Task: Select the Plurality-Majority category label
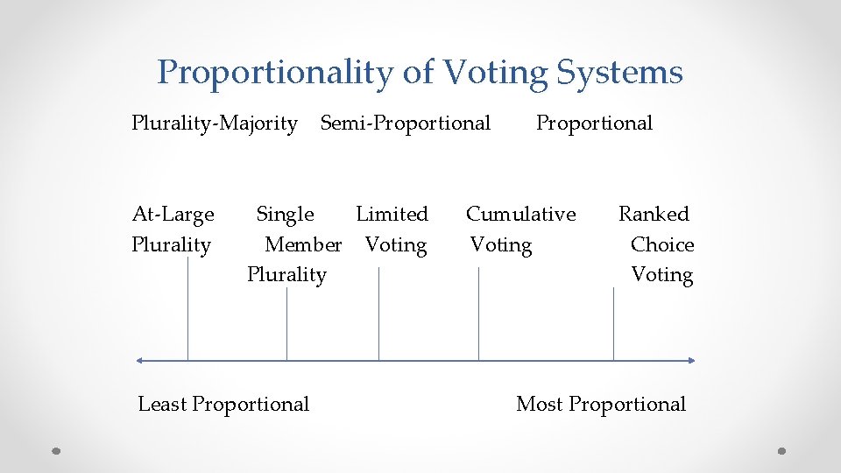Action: pyautogui.click(x=215, y=124)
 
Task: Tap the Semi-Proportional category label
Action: pyautogui.click(x=406, y=124)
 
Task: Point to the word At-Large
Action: pyautogui.click(x=173, y=214)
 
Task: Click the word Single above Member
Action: pyautogui.click(x=285, y=214)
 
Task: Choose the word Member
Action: pyautogui.click(x=303, y=244)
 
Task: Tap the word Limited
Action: pyautogui.click(x=392, y=214)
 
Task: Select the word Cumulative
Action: pyautogui.click(x=521, y=214)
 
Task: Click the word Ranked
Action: pyautogui.click(x=654, y=214)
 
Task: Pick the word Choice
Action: pyautogui.click(x=662, y=244)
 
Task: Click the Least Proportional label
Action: pyautogui.click(x=223, y=404)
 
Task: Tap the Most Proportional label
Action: pyautogui.click(x=601, y=404)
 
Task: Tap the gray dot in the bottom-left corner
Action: pyautogui.click(x=55, y=451)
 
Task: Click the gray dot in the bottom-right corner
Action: pyautogui.click(x=781, y=451)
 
